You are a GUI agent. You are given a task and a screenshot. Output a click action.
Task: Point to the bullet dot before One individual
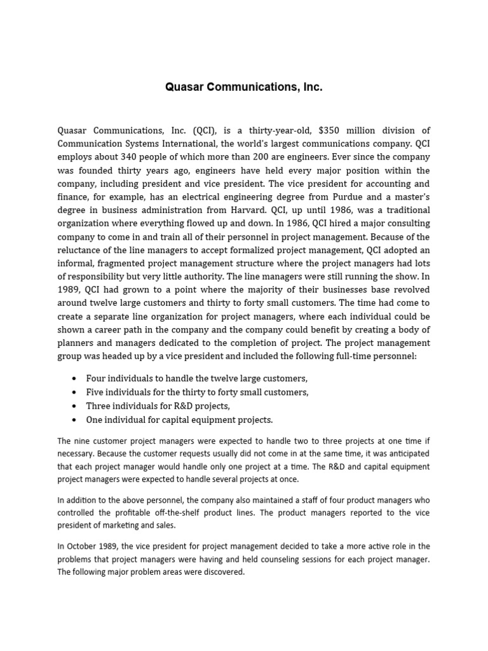pyautogui.click(x=76, y=420)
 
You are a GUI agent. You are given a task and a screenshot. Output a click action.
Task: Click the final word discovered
pyautogui.click(x=222, y=572)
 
